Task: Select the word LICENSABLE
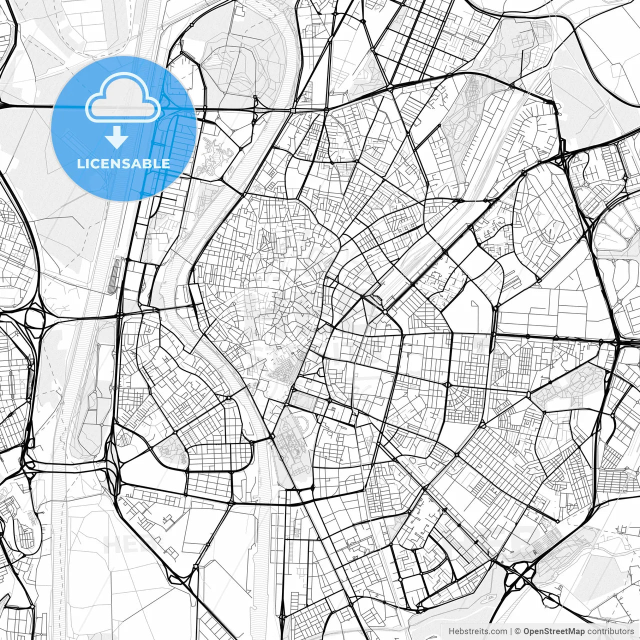pyautogui.click(x=123, y=163)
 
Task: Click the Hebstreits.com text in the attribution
pyautogui.click(x=477, y=631)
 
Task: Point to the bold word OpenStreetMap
pyautogui.click(x=554, y=631)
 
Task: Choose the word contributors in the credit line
pyautogui.click(x=610, y=631)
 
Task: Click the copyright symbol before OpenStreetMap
pyautogui.click(x=518, y=631)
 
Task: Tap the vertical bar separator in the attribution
pyautogui.click(x=511, y=631)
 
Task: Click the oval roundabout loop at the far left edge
pyautogui.click(x=34, y=318)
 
